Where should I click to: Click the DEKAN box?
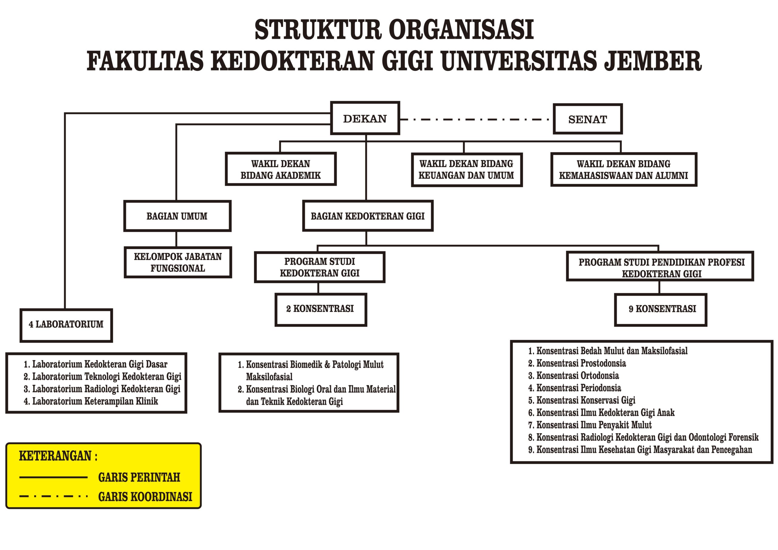(365, 118)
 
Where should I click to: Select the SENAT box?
(587, 119)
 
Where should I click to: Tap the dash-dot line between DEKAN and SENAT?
(477, 119)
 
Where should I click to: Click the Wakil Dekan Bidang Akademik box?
(281, 169)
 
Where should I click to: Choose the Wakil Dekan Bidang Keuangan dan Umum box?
(466, 170)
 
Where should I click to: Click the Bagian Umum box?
(177, 216)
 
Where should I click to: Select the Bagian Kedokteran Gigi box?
(368, 216)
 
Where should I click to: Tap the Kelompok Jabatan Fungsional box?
(178, 262)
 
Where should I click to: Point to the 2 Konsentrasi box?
(321, 309)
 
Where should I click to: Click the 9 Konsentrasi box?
(660, 309)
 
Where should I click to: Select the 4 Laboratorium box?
(66, 325)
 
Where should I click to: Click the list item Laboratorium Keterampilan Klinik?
(91, 401)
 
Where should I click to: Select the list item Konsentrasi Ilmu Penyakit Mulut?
(590, 425)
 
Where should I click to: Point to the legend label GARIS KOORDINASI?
(145, 497)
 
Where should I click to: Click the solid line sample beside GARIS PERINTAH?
(53, 477)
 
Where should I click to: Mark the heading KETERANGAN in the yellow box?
(58, 456)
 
